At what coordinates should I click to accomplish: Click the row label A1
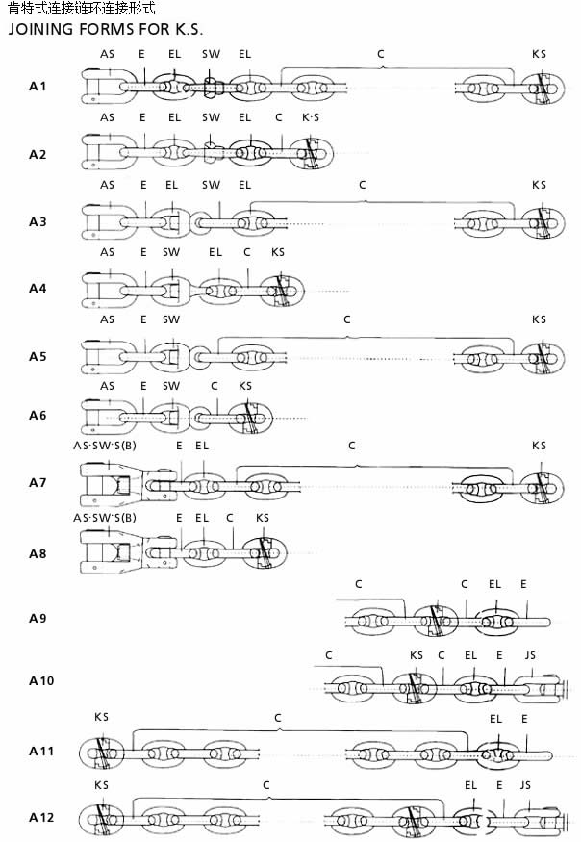(x=38, y=86)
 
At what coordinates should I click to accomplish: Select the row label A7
(x=38, y=482)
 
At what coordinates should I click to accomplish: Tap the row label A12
(x=41, y=817)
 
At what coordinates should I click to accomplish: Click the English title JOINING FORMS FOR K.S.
(x=105, y=29)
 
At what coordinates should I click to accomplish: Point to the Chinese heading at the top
(x=82, y=8)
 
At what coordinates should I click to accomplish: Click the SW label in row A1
(x=211, y=54)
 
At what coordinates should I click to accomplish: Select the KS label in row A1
(x=539, y=54)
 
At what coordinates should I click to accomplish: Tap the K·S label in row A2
(x=311, y=117)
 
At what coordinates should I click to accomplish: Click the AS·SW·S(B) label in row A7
(x=105, y=446)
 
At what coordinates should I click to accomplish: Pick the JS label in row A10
(x=530, y=655)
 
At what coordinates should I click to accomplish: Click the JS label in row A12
(x=525, y=785)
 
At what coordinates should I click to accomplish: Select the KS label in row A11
(x=102, y=717)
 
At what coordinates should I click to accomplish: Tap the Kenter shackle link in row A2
(x=311, y=153)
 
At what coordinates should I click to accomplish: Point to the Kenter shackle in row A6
(x=250, y=418)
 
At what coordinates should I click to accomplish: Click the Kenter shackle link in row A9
(x=436, y=622)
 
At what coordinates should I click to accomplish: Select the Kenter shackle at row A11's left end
(x=102, y=753)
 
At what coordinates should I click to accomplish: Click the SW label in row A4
(x=171, y=252)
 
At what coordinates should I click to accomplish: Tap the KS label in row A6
(x=245, y=386)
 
